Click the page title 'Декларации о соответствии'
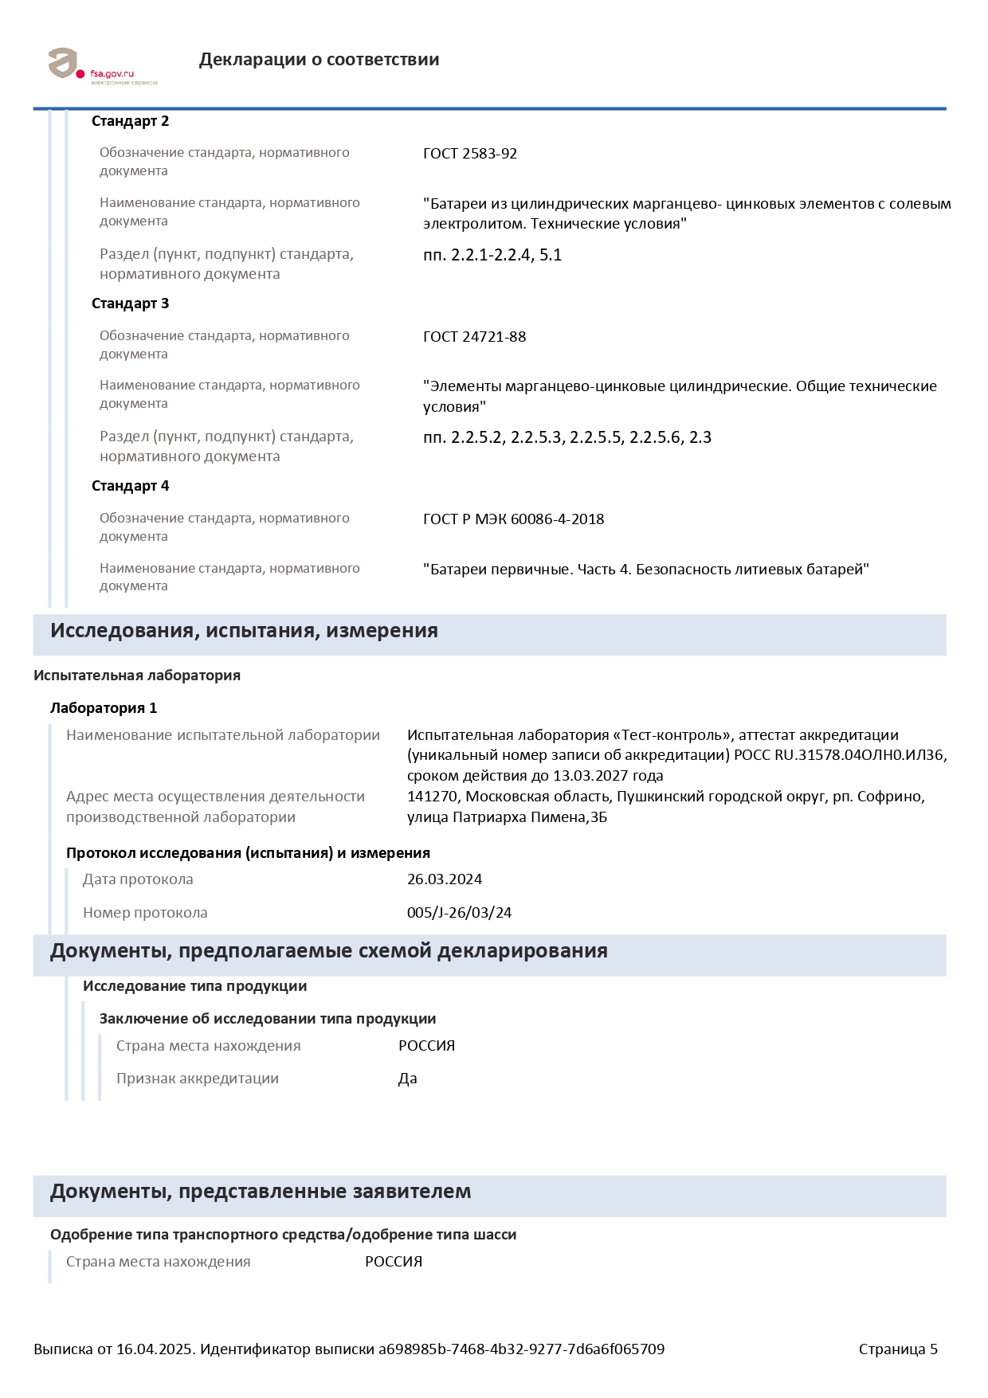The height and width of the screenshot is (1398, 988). point(319,60)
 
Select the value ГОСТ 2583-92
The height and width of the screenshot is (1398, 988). point(470,154)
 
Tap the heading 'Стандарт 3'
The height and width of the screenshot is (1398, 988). point(130,303)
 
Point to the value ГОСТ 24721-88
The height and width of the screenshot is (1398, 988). point(474,337)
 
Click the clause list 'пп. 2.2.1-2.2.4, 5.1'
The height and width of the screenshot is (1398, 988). point(492,256)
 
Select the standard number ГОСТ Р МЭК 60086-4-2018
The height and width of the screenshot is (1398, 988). point(513,519)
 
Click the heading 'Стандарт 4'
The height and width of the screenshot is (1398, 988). point(130,486)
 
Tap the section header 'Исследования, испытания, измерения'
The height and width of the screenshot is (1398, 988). point(244,631)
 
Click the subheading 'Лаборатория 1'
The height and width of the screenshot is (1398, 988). point(104,708)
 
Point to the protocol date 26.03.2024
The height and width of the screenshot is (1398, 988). point(445,879)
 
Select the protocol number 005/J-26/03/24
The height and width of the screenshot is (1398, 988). point(459,913)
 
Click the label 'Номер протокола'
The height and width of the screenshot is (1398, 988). point(145,913)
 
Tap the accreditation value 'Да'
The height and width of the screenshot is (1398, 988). point(408,1079)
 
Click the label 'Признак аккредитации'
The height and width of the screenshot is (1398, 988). point(198,1079)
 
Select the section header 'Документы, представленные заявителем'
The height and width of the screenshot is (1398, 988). point(261,1192)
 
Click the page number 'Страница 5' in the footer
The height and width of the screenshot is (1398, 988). point(898,1349)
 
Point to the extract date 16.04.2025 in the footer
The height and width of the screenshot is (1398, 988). point(155,1349)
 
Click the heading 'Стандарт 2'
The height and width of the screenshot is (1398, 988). point(130,121)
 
